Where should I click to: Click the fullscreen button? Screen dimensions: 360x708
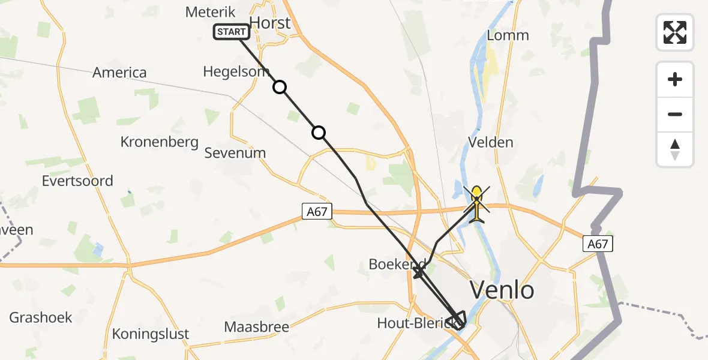click(675, 32)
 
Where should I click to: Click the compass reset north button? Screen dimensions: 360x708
click(675, 149)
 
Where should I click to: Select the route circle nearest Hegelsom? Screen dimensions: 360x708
click(280, 88)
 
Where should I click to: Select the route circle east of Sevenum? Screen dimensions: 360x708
click(319, 133)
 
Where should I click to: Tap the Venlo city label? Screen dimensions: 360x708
click(502, 291)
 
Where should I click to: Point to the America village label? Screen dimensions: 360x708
click(119, 73)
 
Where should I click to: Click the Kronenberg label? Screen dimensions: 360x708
click(159, 142)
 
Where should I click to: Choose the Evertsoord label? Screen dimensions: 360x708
click(77, 181)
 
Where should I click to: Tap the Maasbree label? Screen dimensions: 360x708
click(256, 328)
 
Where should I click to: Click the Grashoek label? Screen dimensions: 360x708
click(41, 317)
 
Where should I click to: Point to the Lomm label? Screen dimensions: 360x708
click(508, 35)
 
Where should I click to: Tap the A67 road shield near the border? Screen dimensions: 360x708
click(598, 243)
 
